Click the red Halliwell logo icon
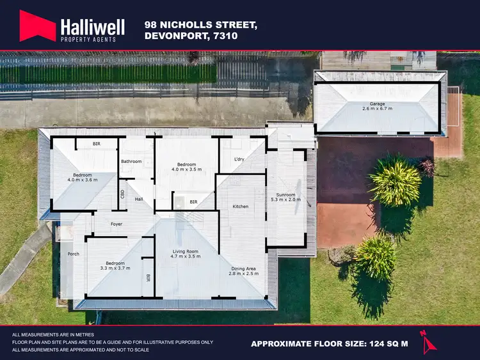click(38, 26)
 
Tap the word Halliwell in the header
click(92, 25)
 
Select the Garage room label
click(377, 104)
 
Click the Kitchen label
click(240, 207)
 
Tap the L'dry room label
click(240, 159)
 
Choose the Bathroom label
click(131, 161)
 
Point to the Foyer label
click(116, 224)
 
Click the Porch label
click(74, 254)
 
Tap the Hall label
click(139, 200)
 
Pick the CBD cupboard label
click(122, 193)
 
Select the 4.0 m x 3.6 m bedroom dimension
click(83, 180)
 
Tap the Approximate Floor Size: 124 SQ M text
click(329, 344)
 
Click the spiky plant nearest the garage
click(396, 181)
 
